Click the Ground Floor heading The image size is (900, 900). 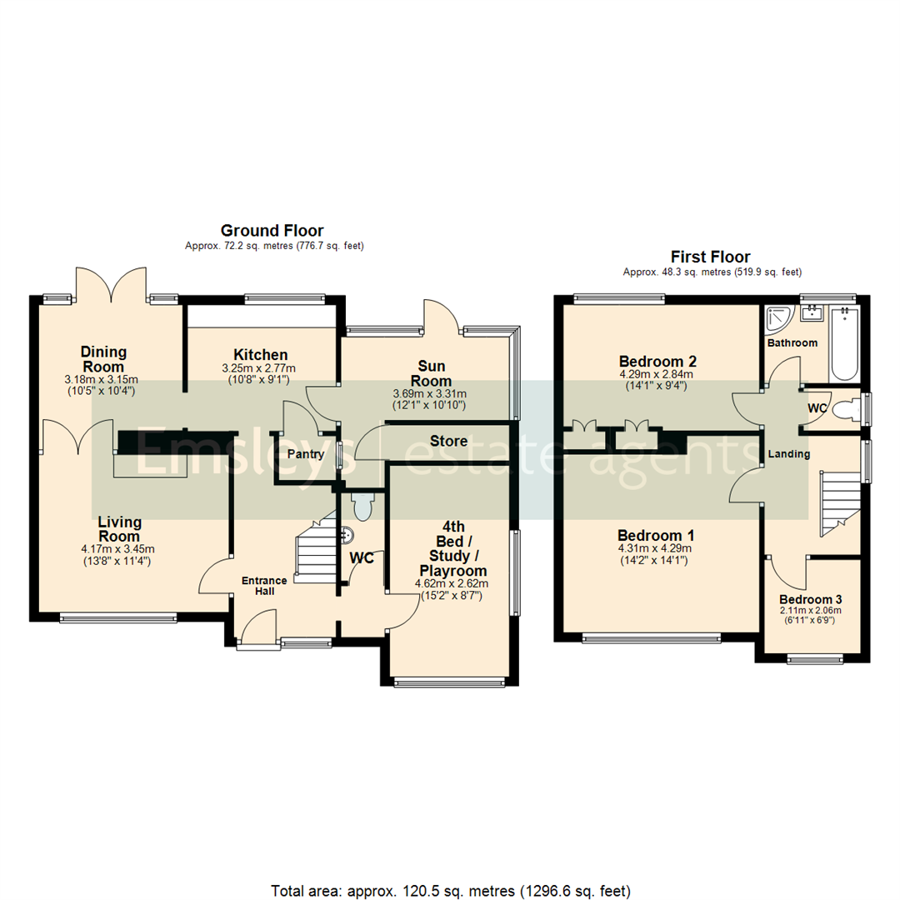272,230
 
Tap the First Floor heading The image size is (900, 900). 711,257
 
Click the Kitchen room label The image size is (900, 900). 260,355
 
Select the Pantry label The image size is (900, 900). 305,454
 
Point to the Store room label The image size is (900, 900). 448,441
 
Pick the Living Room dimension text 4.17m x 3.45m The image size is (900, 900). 118,548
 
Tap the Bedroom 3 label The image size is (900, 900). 812,599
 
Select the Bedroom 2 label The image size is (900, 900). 657,362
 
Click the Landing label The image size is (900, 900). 787,453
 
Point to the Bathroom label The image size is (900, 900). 792,342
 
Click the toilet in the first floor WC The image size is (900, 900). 847,410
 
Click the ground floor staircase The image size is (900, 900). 315,552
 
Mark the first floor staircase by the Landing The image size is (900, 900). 837,503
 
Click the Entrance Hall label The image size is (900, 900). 264,586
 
